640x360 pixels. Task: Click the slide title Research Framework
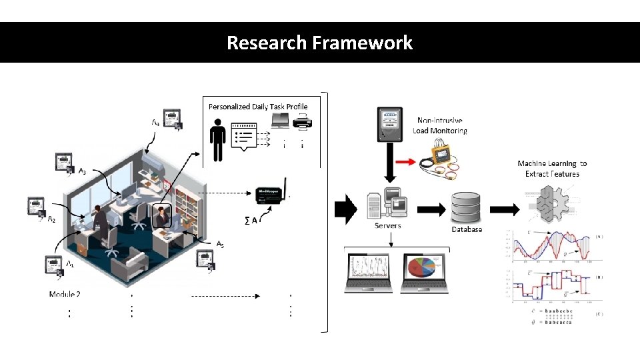(319, 43)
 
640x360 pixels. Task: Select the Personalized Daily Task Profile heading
(258, 107)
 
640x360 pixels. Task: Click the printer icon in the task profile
(303, 122)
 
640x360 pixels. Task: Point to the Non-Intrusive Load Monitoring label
(439, 126)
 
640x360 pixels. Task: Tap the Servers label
(387, 226)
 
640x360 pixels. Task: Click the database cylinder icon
(465, 207)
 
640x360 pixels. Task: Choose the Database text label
(466, 229)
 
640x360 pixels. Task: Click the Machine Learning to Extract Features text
(552, 169)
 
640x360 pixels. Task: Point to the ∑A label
(251, 219)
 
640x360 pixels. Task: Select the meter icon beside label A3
(65, 165)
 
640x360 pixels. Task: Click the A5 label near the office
(219, 244)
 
